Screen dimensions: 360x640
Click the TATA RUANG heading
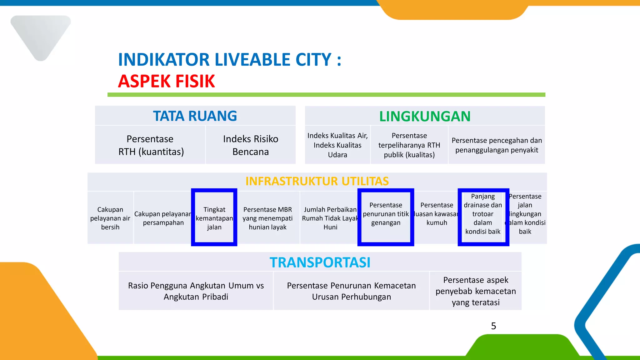(195, 116)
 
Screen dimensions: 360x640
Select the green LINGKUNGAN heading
(425, 117)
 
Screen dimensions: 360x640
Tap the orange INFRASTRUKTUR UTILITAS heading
(317, 181)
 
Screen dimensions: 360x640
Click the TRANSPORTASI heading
(320, 262)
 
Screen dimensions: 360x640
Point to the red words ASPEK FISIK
(166, 81)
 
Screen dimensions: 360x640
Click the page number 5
(493, 326)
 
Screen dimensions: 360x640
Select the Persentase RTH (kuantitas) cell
(150, 145)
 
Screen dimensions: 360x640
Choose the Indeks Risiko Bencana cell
(251, 145)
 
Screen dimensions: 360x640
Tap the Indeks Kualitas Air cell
(337, 145)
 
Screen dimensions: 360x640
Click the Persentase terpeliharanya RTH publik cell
(409, 145)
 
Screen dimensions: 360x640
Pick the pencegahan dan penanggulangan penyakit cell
(497, 145)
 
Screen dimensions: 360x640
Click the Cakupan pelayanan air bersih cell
(110, 218)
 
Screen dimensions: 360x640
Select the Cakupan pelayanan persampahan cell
(163, 218)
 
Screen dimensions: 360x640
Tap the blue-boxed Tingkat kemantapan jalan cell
(214, 218)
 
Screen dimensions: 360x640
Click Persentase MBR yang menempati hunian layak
(267, 218)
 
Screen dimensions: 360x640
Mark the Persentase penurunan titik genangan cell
(386, 214)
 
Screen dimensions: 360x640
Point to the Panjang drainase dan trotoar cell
(483, 214)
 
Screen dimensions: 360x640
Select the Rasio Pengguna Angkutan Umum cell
(196, 291)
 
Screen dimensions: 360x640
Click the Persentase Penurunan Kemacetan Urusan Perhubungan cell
(351, 291)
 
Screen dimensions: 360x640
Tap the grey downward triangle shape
(41, 34)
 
